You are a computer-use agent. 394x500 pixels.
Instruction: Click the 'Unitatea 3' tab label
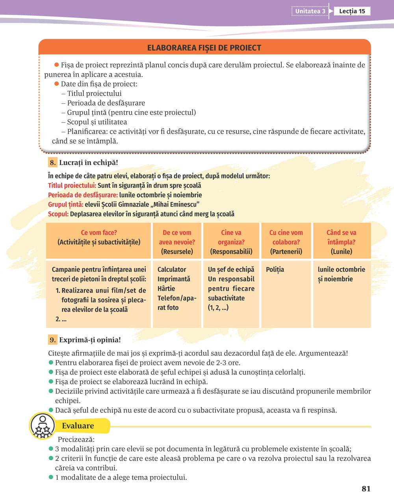click(310, 11)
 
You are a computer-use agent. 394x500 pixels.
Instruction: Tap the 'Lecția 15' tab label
click(352, 11)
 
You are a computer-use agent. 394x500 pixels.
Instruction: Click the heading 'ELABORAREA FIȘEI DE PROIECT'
click(204, 48)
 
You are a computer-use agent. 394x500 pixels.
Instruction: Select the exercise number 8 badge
click(52, 162)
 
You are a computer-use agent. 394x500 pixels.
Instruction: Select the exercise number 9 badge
click(52, 340)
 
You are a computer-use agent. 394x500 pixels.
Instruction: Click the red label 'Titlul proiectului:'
click(72, 185)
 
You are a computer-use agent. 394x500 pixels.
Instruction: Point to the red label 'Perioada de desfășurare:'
click(83, 195)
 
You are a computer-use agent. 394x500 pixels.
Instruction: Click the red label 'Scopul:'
click(58, 214)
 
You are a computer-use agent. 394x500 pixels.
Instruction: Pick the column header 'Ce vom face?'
click(99, 233)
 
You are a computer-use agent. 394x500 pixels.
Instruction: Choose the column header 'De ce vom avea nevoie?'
click(177, 237)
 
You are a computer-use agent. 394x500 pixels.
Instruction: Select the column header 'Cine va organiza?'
click(231, 237)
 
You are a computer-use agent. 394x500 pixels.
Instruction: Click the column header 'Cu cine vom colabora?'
click(286, 237)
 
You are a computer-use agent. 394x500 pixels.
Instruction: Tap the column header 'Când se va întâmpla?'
click(341, 237)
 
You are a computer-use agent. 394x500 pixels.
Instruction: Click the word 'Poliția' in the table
click(275, 270)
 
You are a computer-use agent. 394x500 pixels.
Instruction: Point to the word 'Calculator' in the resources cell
click(172, 270)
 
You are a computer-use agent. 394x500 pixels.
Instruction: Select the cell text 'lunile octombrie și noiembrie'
click(341, 274)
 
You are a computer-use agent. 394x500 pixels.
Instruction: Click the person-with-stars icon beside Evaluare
click(42, 426)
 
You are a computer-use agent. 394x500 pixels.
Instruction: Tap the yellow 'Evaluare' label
click(78, 426)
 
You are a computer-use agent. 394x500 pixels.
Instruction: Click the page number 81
click(366, 489)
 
